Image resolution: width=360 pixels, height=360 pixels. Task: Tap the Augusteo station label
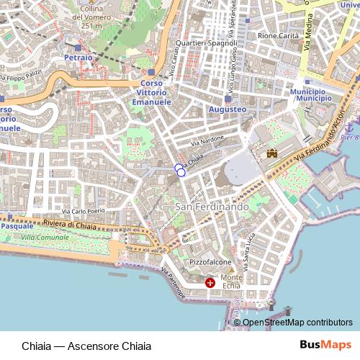pos(227,109)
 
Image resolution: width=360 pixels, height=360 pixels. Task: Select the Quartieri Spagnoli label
pos(211,43)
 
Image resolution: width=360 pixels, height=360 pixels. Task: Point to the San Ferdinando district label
pos(212,207)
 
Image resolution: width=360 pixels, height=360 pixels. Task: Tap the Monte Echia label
pos(232,282)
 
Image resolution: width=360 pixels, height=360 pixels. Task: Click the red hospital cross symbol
pos(210,284)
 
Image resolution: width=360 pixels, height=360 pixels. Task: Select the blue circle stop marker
pos(179,169)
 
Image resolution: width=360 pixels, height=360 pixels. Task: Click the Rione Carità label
pos(277,35)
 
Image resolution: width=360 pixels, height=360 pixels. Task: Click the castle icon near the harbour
pos(272,153)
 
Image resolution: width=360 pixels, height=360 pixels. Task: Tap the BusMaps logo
pos(320,345)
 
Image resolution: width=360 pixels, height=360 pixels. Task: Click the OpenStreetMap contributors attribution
pos(297,323)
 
